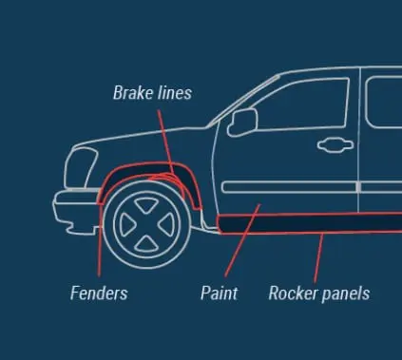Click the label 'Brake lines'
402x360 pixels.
pos(152,93)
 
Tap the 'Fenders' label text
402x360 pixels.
pos(99,293)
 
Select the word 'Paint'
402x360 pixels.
pos(219,293)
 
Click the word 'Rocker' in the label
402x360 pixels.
pos(293,293)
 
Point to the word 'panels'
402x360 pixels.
pos(345,294)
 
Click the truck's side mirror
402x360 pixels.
pos(242,123)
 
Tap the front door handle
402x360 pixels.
pos(335,145)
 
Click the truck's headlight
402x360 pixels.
pos(81,168)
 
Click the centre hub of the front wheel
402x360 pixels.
pos(147,224)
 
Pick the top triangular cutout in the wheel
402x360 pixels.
pos(146,204)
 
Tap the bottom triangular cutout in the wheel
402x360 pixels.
pos(146,244)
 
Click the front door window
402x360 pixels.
pos(301,104)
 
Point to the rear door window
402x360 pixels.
pos(384,102)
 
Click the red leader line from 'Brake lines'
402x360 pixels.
pos(165,142)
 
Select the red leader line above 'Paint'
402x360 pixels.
pos(242,240)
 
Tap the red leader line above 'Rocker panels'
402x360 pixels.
pos(318,257)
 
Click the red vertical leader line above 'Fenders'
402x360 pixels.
pos(100,239)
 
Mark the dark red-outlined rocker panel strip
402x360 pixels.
pos(310,223)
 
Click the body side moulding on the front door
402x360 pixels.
pos(289,187)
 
